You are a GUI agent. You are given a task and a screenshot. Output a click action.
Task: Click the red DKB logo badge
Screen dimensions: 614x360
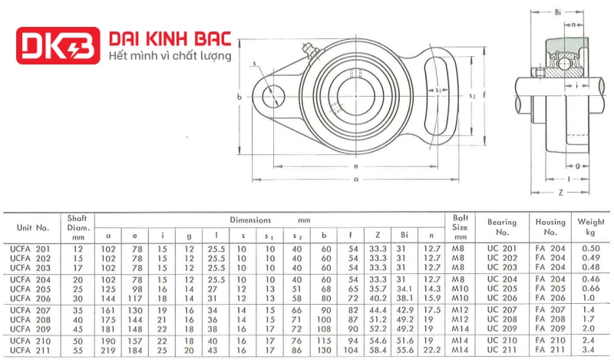[58, 45]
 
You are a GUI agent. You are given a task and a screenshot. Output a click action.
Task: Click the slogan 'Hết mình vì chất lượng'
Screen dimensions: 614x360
[170, 56]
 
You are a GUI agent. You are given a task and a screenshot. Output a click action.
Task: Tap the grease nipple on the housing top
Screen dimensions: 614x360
[310, 51]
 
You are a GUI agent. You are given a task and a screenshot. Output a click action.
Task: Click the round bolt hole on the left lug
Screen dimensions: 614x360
[273, 97]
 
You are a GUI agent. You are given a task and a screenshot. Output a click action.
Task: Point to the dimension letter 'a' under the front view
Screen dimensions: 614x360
[356, 180]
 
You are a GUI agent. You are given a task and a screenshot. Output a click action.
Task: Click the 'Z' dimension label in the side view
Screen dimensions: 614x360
[561, 193]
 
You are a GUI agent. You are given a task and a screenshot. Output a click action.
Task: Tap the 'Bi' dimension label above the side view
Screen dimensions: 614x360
[558, 12]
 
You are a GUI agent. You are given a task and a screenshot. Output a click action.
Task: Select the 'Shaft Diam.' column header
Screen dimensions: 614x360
[78, 227]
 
